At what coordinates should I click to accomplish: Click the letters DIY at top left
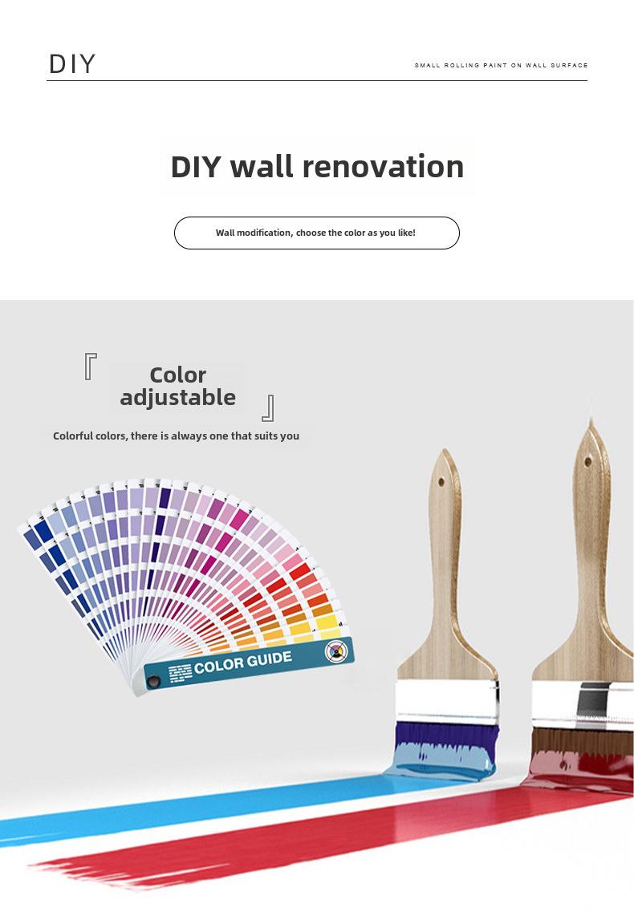(72, 64)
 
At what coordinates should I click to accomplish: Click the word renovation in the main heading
(383, 166)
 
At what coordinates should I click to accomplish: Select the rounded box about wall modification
(317, 233)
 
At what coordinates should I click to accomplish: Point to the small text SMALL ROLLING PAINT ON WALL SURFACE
(501, 65)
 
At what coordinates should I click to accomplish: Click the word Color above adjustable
(177, 375)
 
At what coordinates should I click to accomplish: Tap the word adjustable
(177, 398)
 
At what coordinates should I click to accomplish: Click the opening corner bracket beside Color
(90, 366)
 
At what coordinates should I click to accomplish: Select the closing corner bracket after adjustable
(268, 407)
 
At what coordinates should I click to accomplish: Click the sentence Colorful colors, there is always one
(176, 436)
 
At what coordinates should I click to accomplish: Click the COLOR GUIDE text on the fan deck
(243, 663)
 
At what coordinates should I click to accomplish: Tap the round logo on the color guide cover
(335, 651)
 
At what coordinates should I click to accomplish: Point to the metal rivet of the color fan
(153, 681)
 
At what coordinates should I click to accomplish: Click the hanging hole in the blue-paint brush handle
(441, 482)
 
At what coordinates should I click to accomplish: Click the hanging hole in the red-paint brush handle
(587, 462)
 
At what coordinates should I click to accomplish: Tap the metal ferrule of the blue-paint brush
(447, 702)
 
